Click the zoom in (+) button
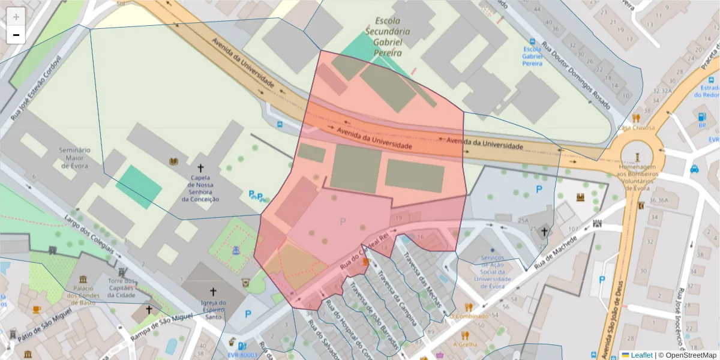click(16, 17)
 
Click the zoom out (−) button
click(16, 35)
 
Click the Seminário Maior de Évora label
click(74, 158)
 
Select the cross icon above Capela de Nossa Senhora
click(200, 169)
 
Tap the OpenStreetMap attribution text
click(686, 355)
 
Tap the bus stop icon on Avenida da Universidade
click(280, 125)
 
